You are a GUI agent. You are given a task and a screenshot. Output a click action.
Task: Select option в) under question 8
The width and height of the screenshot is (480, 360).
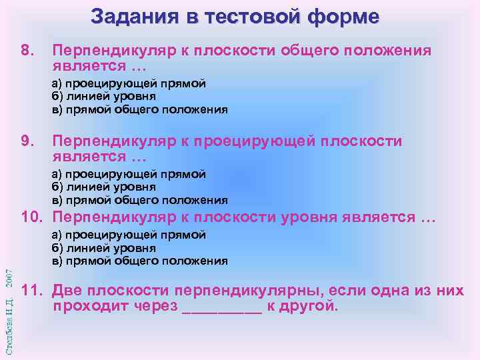click(139, 110)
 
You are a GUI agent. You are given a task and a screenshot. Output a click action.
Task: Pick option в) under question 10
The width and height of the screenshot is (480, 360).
click(139, 261)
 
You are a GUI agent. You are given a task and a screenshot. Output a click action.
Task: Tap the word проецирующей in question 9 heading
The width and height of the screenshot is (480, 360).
click(254, 141)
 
